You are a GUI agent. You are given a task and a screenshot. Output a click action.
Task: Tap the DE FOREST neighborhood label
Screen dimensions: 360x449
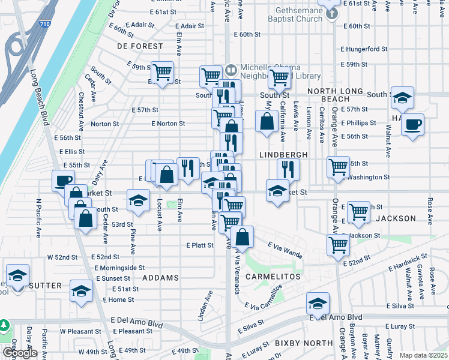[140, 46]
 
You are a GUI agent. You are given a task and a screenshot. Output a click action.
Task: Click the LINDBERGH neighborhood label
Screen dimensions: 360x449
[283, 155]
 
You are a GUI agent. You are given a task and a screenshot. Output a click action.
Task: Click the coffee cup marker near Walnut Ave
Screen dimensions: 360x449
[412, 125]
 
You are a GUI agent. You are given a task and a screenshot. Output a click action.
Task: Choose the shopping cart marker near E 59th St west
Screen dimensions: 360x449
[163, 73]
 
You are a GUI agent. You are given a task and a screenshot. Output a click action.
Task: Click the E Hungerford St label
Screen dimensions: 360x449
[364, 49]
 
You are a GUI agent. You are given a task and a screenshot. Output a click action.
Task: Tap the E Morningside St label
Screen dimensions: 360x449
[119, 268]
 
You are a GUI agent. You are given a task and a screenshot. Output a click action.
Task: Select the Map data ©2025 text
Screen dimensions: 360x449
[423, 355]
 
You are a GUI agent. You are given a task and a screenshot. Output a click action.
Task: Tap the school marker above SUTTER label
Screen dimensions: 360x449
[18, 277]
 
